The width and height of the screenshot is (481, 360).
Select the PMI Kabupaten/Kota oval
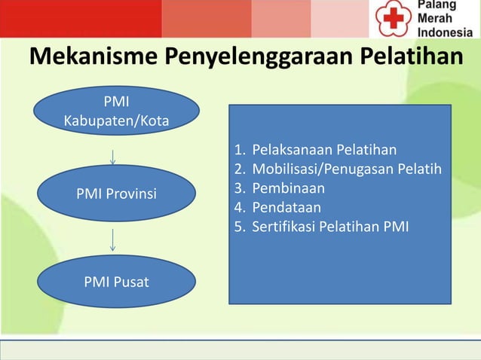click(x=116, y=111)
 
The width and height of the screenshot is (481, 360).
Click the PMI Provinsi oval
click(x=116, y=194)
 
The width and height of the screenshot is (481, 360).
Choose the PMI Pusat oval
click(x=116, y=282)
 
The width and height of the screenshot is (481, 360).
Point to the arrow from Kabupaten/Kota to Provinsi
click(x=112, y=156)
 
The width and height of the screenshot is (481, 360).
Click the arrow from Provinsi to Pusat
click(x=112, y=240)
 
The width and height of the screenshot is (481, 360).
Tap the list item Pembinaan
click(x=288, y=187)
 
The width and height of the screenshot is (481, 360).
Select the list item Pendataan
click(x=286, y=206)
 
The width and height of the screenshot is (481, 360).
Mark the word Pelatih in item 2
click(x=421, y=168)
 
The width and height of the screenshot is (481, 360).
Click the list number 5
click(x=239, y=225)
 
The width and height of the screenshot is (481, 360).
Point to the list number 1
click(x=239, y=148)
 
